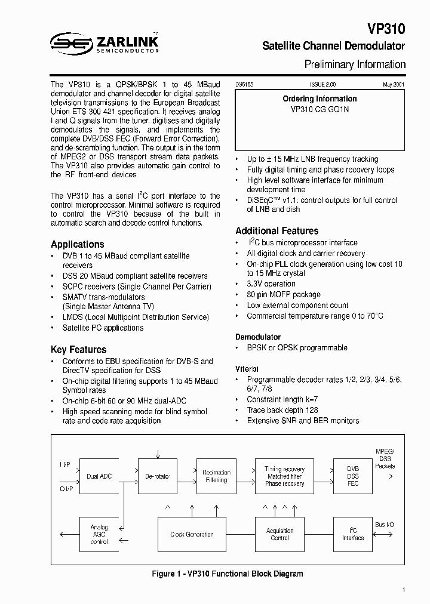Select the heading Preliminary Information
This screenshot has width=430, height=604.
point(355,64)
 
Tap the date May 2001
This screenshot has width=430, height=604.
point(394,85)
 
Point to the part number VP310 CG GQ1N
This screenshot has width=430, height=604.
point(320,110)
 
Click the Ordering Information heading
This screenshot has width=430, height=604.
point(320,99)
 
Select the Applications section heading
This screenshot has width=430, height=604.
point(77,244)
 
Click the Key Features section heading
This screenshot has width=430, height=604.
point(78,350)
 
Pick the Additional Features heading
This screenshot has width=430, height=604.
point(277,231)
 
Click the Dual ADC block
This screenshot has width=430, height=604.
point(99,476)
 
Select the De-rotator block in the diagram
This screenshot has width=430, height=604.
point(158,476)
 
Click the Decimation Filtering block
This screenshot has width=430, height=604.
point(216,476)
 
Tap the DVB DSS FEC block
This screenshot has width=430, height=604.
point(353,476)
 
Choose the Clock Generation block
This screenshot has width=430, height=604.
point(192,534)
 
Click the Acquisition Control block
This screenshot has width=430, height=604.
point(279,534)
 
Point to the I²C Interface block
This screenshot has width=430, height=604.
point(353,534)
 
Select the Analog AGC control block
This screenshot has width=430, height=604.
point(99,534)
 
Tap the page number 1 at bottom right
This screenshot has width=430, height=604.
point(404,590)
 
